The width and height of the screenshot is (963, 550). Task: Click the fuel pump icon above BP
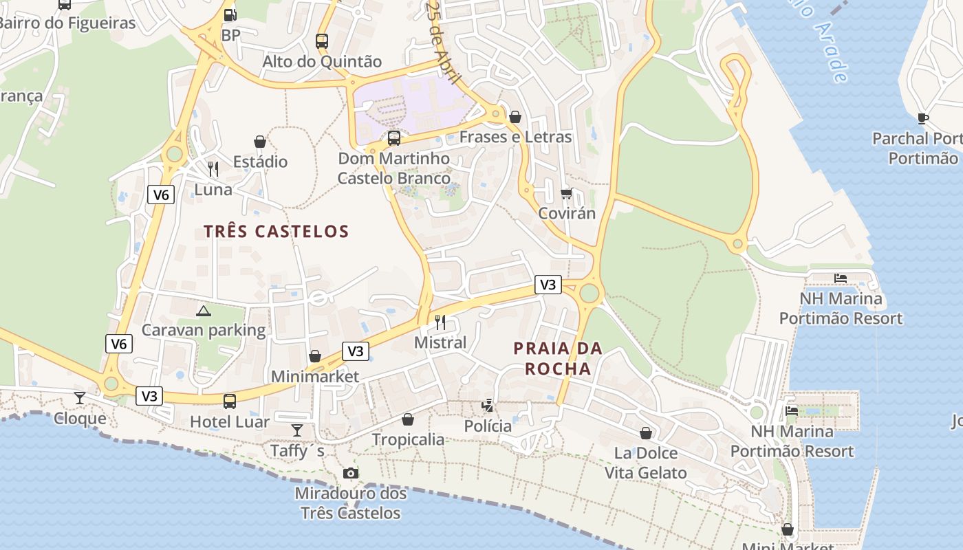230,14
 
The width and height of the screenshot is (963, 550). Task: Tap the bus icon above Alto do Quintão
322,41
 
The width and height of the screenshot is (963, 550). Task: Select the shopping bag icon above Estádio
260,142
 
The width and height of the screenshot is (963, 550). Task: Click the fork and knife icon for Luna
213,168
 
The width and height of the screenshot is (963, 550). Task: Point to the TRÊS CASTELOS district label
277,232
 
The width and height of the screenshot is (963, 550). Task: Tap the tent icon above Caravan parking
203,311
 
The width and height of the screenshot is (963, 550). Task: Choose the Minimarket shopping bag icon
315,356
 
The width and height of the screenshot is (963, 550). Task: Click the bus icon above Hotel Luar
230,401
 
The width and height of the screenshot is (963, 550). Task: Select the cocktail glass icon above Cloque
80,397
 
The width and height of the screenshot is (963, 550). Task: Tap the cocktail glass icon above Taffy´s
297,430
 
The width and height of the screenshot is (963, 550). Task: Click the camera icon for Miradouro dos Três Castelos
351,473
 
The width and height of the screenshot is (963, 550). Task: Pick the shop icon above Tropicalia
408,419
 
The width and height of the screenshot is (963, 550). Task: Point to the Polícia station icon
488,406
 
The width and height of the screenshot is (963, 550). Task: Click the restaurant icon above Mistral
440,322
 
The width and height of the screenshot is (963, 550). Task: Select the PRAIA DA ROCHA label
558,358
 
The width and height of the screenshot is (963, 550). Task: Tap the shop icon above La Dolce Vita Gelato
645,433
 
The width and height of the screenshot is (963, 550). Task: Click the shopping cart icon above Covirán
566,193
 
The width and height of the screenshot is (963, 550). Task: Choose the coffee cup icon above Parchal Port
923,118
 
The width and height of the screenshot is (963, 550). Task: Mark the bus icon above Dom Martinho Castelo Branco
394,138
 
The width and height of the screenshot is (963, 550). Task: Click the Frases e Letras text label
515,137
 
